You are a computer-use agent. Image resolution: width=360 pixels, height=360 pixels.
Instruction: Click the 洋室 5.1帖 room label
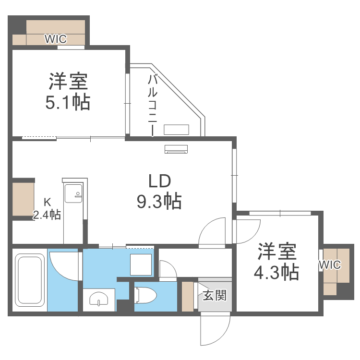click(68, 91)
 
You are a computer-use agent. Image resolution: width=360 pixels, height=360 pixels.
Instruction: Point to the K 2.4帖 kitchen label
click(47, 209)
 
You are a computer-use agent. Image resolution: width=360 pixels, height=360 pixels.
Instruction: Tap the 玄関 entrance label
click(214, 295)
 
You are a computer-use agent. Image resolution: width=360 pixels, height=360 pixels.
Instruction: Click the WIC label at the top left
click(56, 39)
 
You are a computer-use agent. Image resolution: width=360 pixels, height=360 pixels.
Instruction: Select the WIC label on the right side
click(330, 264)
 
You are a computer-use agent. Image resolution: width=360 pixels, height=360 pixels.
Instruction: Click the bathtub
click(30, 280)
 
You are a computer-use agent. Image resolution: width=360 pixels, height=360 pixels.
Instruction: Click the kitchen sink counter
click(74, 211)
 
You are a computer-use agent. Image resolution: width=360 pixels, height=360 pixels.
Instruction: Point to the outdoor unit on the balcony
click(177, 130)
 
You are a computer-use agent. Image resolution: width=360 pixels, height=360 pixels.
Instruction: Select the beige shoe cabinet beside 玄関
click(187, 296)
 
